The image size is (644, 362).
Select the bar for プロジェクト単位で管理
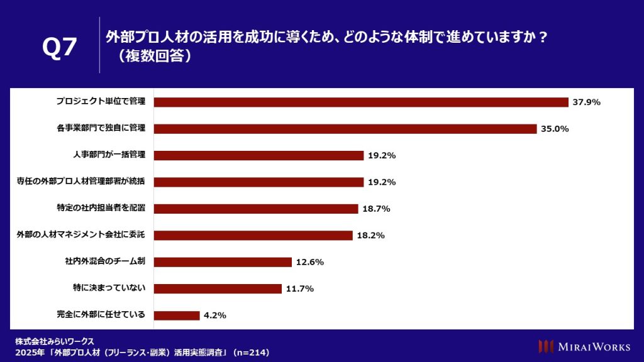[361, 102]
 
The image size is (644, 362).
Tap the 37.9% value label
[586, 102]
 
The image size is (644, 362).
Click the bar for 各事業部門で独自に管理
[345, 129]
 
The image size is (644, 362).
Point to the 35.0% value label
[555, 129]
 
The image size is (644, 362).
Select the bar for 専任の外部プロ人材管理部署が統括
[259, 182]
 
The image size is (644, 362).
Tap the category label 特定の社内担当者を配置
[101, 209]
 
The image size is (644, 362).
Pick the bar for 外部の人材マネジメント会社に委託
[253, 236]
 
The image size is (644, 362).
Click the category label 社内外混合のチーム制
[105, 262]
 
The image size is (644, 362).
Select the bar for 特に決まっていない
[218, 289]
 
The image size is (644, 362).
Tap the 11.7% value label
[299, 289]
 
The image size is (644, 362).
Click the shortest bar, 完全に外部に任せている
[177, 315]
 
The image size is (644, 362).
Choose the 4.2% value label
[215, 315]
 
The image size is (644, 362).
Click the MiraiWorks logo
[584, 346]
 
